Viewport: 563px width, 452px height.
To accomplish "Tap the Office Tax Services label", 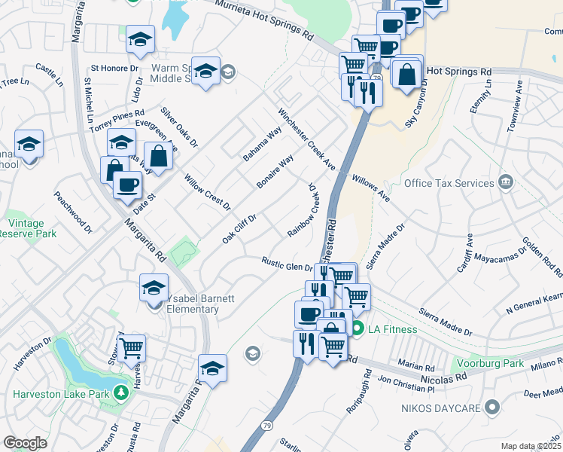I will pos(449,183).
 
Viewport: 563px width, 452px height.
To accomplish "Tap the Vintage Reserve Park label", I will pos(27,228).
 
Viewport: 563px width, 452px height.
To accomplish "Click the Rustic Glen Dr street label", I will pos(287,264).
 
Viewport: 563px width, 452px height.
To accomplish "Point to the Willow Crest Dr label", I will pos(207,191).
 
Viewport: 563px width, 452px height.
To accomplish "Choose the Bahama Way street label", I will pos(262,143).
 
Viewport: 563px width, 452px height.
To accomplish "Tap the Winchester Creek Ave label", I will pos(306,137).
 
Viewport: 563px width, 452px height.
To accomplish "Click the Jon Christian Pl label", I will pos(406,386).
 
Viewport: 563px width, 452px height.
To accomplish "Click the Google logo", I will pos(25,442).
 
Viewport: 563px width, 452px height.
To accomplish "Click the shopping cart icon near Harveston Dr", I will pos(132,348).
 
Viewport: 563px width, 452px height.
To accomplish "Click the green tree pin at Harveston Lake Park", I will pos(120,392).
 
